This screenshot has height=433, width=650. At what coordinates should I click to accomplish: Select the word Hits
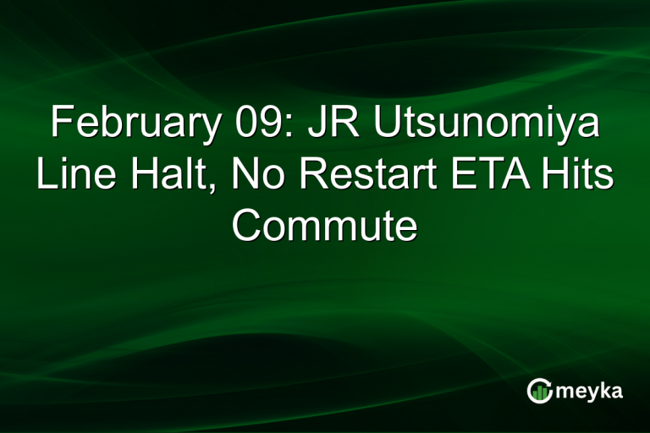point(576,176)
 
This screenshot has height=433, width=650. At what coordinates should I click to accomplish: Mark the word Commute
point(325,226)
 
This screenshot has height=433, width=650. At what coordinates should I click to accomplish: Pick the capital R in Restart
point(311,176)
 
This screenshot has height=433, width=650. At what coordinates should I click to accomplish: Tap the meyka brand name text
point(588,392)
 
